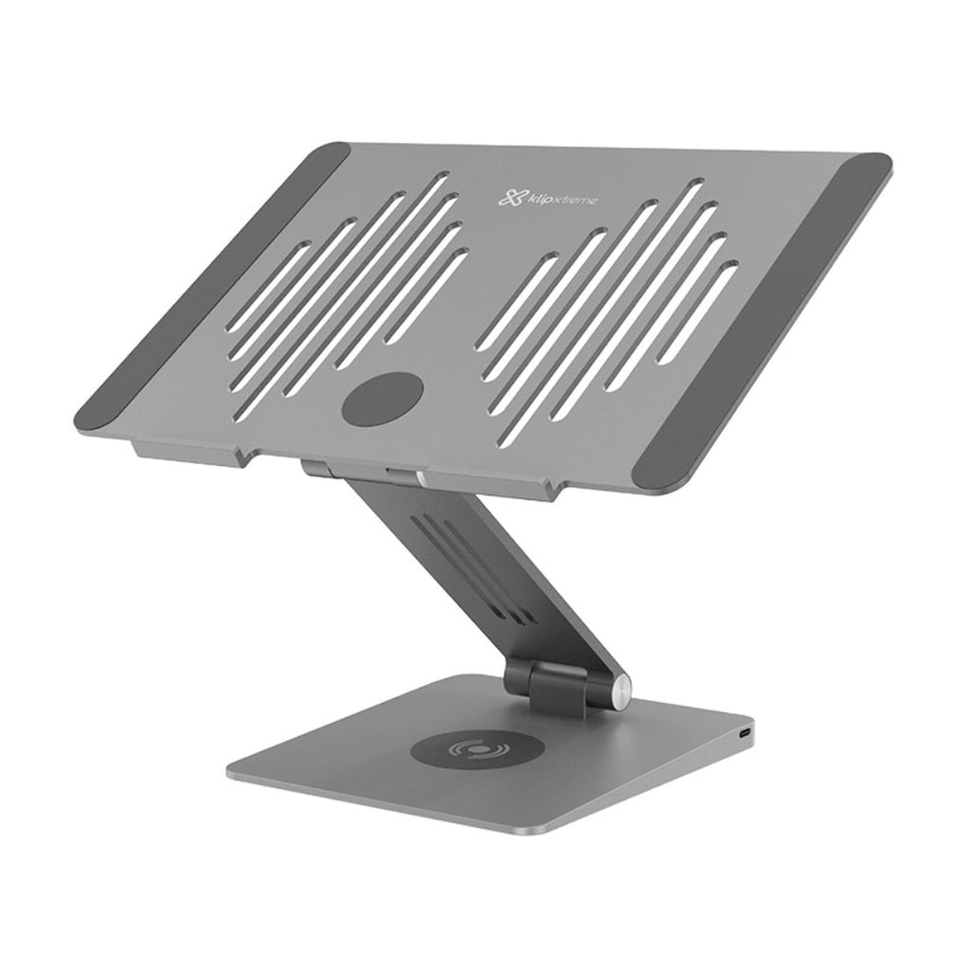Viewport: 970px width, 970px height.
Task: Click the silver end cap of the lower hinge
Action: [x=619, y=690]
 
